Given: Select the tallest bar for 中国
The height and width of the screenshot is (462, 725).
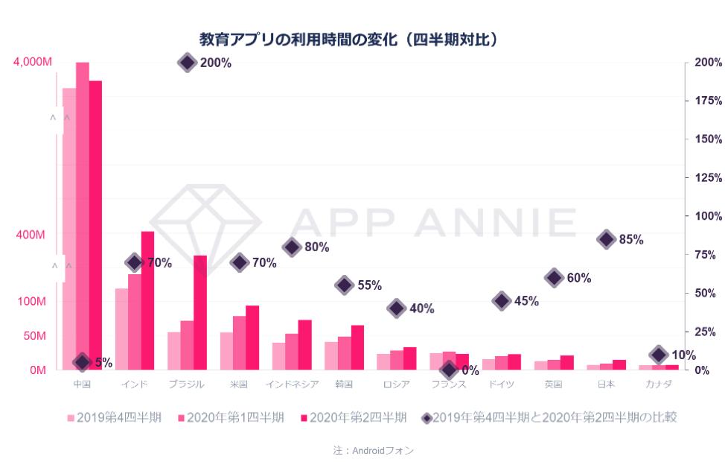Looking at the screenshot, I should (83, 216).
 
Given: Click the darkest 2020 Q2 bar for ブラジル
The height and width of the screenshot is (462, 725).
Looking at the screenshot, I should (200, 312).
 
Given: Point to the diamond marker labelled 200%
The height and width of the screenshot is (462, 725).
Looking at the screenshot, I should (188, 63).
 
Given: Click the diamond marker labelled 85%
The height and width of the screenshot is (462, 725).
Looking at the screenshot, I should (607, 239).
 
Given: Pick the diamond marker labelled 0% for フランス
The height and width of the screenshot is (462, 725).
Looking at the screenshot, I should (449, 370).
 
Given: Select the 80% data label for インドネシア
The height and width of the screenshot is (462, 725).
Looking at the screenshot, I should (316, 247).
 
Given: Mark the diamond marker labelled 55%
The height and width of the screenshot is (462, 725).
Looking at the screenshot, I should (344, 285).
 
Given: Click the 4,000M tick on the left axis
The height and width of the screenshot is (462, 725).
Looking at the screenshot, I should (33, 62).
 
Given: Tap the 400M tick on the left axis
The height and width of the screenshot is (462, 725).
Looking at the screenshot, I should (31, 235).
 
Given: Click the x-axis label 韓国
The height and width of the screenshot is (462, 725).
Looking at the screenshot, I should (345, 385).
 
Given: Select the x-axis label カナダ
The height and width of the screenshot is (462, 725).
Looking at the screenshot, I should (659, 385).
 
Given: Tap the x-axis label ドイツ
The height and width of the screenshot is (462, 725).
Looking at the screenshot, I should (502, 385).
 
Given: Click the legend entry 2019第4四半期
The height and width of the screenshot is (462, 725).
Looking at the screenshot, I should (115, 417).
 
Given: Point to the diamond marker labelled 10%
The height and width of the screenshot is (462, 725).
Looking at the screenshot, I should (659, 355).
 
